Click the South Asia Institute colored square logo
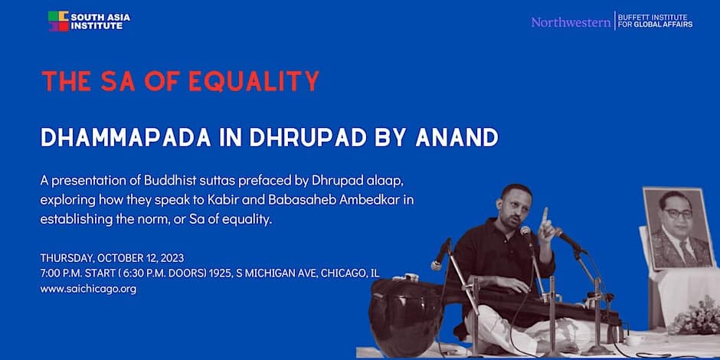point(58,21)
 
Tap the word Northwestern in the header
point(571,21)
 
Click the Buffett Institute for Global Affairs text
point(655,21)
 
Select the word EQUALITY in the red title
point(254,81)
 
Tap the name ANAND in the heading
point(457,137)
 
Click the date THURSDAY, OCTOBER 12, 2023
point(112,257)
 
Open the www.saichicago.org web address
point(88,290)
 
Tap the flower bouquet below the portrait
point(695,317)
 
